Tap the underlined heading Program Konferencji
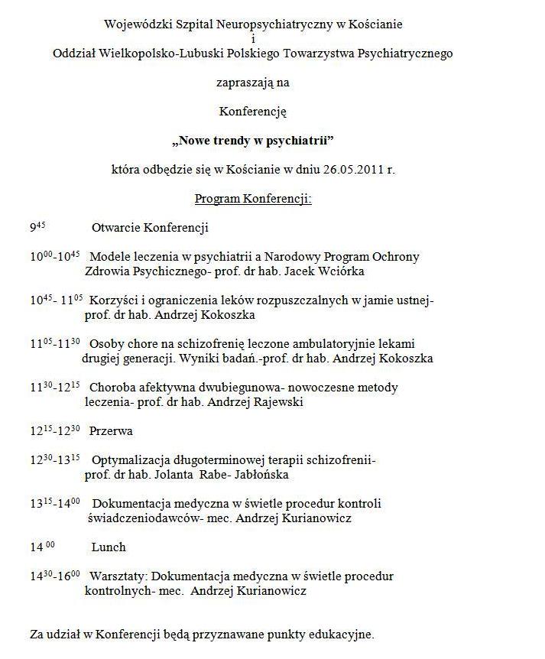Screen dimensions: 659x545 [253, 199]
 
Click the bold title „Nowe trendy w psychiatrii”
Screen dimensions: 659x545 [253, 141]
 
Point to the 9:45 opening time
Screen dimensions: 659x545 [38, 228]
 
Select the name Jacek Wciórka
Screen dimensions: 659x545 [330, 271]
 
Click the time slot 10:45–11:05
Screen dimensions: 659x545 [57, 301]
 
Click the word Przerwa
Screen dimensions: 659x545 [111, 431]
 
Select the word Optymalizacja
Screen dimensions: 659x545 [127, 460]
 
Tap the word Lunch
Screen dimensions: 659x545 [109, 547]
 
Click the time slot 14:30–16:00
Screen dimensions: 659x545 [55, 576]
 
